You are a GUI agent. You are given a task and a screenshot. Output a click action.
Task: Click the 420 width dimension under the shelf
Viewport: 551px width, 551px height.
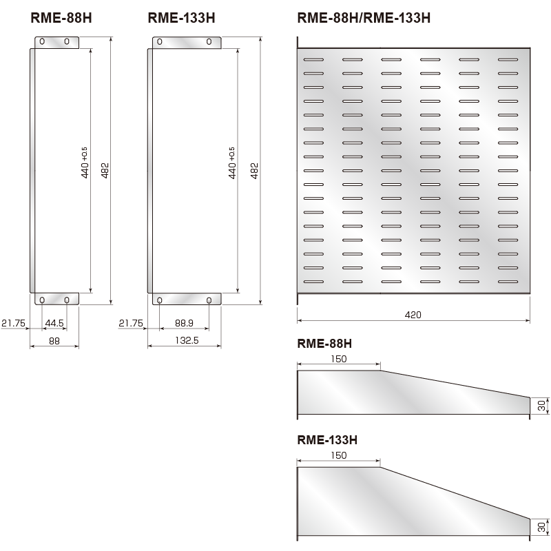click(413, 315)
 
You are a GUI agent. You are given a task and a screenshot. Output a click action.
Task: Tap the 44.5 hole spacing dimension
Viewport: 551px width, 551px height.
click(54, 322)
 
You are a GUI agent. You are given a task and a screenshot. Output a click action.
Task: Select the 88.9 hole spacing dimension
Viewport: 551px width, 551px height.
click(184, 322)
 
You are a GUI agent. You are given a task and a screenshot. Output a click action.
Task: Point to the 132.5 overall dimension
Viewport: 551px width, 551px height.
click(183, 340)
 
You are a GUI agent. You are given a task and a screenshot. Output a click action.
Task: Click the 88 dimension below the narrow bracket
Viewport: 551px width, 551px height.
click(54, 340)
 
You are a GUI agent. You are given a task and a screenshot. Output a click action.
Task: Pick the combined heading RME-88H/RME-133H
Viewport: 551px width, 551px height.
click(363, 19)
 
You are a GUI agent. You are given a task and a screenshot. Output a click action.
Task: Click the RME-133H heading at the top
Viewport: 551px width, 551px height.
click(181, 19)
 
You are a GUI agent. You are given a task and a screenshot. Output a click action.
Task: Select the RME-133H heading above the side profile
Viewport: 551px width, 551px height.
click(327, 439)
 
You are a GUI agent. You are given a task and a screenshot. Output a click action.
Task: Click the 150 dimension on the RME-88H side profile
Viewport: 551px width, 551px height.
click(338, 359)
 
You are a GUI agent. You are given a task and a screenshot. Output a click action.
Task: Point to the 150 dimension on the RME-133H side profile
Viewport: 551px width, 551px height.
click(338, 455)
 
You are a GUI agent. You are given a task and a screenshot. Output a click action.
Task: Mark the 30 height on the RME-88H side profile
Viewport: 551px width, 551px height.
click(541, 406)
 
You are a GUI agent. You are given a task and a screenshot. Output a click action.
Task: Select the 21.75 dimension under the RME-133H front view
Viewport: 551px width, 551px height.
click(131, 322)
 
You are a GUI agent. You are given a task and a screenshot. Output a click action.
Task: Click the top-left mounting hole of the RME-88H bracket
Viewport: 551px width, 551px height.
click(42, 42)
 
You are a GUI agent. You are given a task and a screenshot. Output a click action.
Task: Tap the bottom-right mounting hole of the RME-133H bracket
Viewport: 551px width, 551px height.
click(209, 300)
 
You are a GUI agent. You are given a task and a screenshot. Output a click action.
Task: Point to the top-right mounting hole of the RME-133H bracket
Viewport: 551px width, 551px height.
click(209, 42)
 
